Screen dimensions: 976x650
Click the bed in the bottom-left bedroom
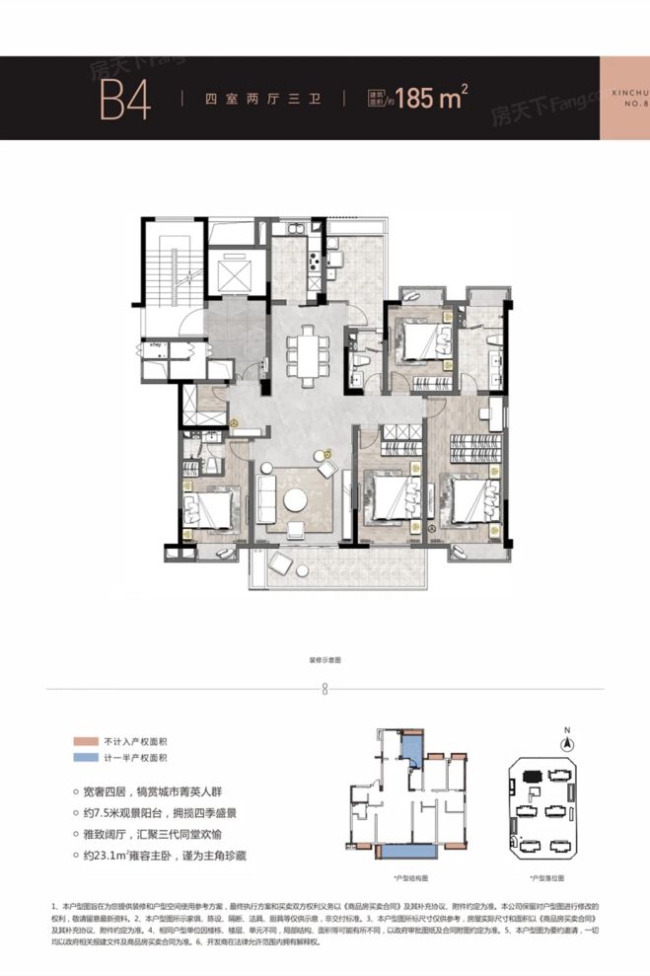pyautogui.click(x=210, y=512)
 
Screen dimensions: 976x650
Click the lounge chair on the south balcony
pyautogui.click(x=279, y=563)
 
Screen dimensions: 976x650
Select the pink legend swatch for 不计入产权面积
pyautogui.click(x=85, y=740)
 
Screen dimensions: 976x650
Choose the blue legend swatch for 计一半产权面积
pyautogui.click(x=85, y=758)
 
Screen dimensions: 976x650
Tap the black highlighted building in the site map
pyautogui.click(x=534, y=777)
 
